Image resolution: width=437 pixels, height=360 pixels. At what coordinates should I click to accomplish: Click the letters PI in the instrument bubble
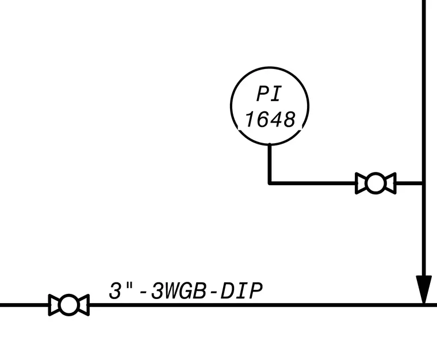[x=269, y=94]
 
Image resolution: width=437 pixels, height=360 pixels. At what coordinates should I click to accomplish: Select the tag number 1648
[x=270, y=119]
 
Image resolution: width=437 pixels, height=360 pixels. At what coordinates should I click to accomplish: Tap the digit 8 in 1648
[x=289, y=119]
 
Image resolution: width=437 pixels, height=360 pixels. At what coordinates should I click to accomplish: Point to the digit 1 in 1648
[x=250, y=119]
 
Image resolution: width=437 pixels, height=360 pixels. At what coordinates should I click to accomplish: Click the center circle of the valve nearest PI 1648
[x=375, y=183]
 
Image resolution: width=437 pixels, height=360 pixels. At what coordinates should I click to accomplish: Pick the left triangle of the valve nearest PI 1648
[x=361, y=183]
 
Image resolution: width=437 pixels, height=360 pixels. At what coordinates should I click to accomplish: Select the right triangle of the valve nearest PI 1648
[x=390, y=183]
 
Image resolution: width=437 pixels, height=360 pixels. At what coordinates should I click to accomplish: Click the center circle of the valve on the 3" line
[x=69, y=305]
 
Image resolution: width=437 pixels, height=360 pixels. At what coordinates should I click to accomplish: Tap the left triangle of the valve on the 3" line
[x=54, y=305]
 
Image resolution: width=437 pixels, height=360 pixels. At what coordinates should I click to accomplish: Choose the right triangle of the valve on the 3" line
[x=83, y=305]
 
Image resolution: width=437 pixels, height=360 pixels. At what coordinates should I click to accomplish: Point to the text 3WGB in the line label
[x=178, y=290]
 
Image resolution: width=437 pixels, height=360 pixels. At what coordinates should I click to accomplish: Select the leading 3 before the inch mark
[x=116, y=290]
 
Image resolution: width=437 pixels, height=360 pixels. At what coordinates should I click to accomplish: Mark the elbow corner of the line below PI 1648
[x=270, y=183]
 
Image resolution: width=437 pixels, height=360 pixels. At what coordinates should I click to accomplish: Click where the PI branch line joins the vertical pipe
[x=424, y=183]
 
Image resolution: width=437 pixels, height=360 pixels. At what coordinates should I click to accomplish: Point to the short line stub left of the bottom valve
[x=24, y=305]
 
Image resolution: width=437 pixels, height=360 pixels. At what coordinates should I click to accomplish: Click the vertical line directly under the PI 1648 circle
[x=270, y=163]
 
